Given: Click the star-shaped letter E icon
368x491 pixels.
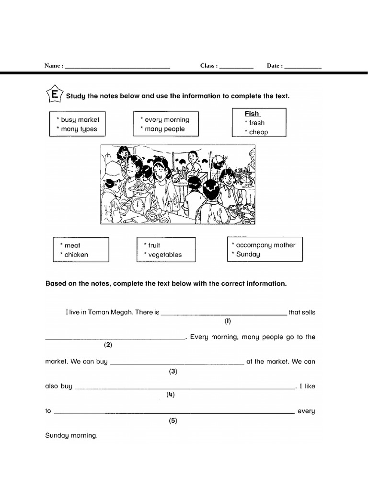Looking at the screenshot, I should (54, 94).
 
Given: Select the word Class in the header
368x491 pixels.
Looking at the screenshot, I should (208, 66).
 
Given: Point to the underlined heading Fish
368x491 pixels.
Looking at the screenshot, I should (252, 114).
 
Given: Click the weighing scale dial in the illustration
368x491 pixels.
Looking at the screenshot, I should (139, 206).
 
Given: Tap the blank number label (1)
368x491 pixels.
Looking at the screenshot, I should (228, 321).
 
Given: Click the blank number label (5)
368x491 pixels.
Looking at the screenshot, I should (173, 421).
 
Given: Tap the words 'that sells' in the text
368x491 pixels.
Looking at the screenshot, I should (302, 312).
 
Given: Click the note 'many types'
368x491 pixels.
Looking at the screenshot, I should (79, 129).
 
